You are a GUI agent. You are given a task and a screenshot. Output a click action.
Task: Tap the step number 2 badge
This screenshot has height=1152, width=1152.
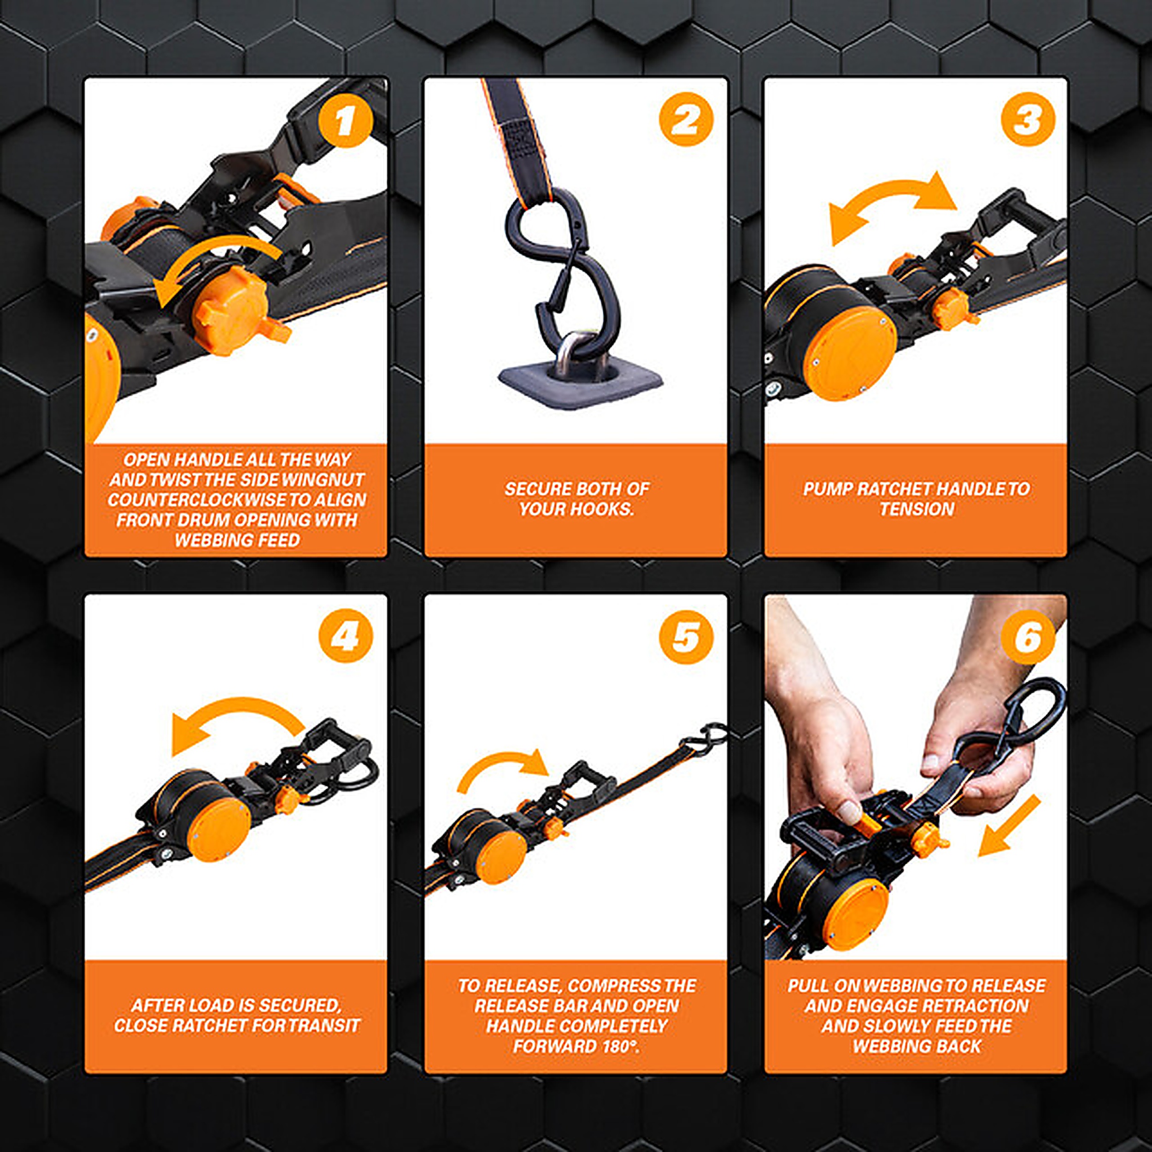tap(686, 119)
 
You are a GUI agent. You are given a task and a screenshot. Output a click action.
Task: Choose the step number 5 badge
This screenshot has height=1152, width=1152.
tap(686, 636)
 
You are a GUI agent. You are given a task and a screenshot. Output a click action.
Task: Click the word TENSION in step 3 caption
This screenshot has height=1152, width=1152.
tap(917, 509)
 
